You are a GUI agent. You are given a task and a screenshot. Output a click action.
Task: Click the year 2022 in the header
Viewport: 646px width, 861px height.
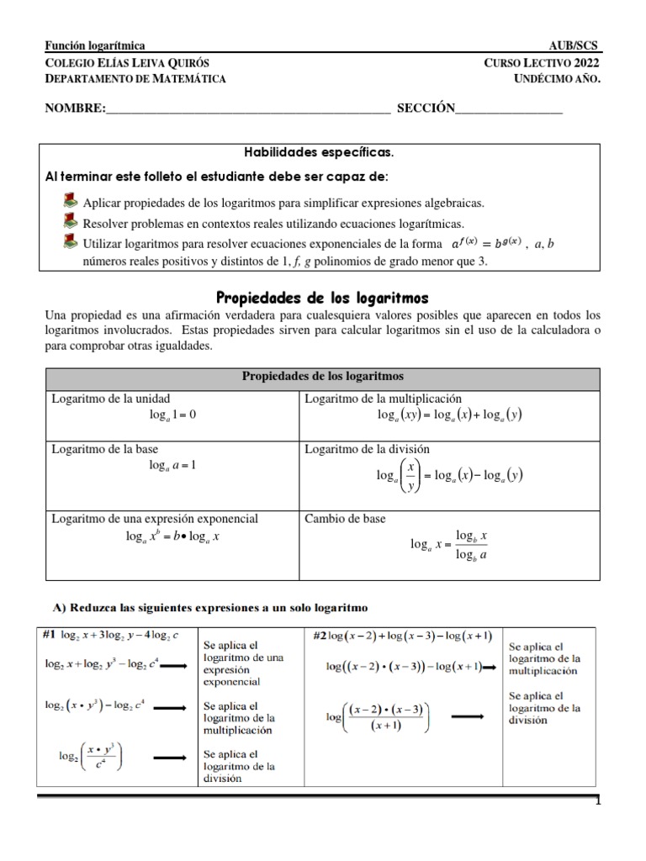click(x=587, y=63)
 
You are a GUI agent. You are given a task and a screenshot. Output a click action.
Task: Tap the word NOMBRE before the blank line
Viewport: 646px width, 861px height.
click(x=75, y=108)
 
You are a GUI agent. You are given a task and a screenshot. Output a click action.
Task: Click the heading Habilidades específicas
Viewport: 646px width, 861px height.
click(x=319, y=153)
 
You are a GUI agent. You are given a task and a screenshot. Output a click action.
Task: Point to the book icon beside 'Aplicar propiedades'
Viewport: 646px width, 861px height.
click(x=71, y=200)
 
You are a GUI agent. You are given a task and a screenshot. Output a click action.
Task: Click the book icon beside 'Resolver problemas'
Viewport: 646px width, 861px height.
click(x=71, y=220)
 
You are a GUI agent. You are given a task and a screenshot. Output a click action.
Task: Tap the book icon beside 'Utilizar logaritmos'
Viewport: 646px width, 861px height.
click(x=71, y=241)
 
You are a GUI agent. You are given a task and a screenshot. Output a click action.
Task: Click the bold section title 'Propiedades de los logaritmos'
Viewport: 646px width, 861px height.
click(x=323, y=298)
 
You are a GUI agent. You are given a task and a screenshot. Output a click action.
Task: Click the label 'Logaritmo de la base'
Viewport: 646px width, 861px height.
click(x=105, y=449)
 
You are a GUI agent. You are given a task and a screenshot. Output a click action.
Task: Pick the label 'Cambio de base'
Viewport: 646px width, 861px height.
click(x=345, y=519)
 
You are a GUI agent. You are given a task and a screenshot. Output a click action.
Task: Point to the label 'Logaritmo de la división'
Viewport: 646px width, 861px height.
click(x=367, y=449)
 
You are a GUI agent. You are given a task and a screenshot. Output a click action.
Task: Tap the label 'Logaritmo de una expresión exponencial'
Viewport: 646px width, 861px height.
click(x=155, y=519)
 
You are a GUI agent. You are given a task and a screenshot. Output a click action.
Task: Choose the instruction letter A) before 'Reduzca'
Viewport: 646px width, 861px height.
click(x=59, y=607)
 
